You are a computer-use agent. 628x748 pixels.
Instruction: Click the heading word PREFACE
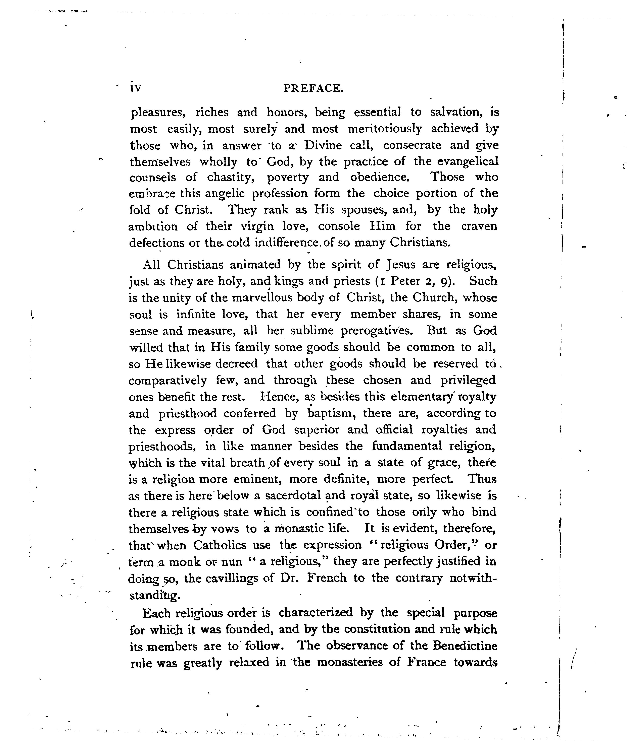tap(313, 88)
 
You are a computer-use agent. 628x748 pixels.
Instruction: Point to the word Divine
tap(323, 145)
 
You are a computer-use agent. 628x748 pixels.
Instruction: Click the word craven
tap(479, 226)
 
